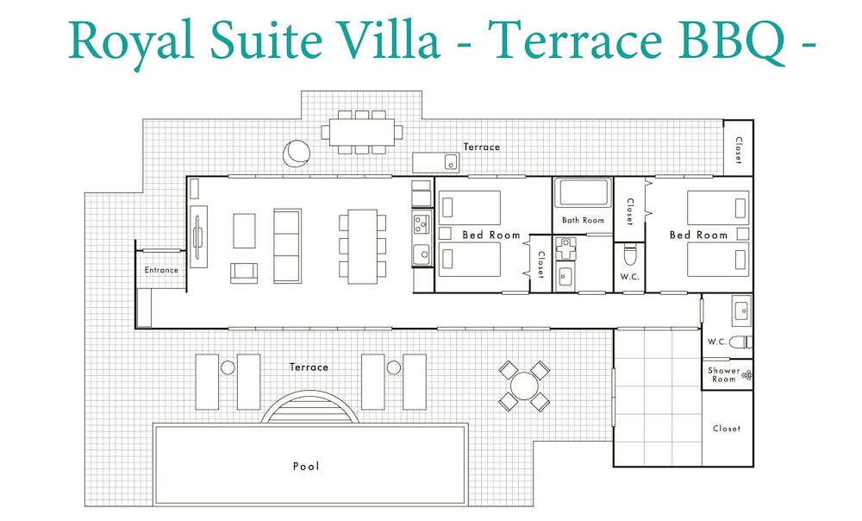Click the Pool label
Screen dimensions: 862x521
pos(306,467)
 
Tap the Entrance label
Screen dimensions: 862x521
pos(161,270)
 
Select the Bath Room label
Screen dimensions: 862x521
pos(583,220)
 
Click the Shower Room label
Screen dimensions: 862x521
pos(723,374)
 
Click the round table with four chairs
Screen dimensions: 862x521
pos(524,386)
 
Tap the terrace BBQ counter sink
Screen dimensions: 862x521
pos(451,162)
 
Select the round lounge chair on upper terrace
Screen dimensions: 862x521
pos(297,153)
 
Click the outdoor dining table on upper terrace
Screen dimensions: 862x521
pos(362,132)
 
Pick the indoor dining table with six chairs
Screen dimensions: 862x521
pos(362,246)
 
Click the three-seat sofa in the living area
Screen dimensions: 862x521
pos(288,246)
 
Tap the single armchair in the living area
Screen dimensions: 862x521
pos(244,273)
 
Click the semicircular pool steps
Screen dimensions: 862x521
pos(309,407)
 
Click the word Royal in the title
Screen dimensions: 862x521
pos(131,41)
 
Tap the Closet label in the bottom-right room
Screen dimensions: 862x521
pos(726,429)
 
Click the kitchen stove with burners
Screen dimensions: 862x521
pos(422,224)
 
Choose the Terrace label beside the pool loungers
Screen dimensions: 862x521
pos(309,367)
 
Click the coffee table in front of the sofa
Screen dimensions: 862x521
pos(244,231)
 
